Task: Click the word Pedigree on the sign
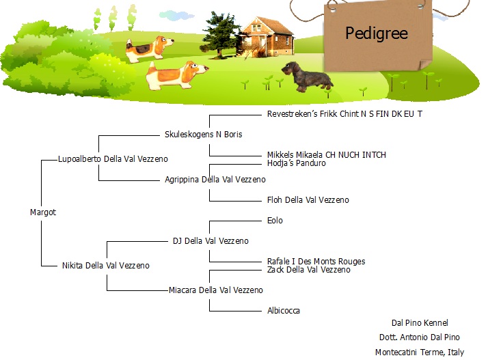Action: [x=377, y=33]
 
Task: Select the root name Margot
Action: [x=43, y=212]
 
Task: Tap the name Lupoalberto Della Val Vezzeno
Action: [x=113, y=159]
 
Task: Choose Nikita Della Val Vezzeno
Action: [x=106, y=266]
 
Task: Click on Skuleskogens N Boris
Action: [x=204, y=135]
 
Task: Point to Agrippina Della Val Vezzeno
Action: [x=215, y=180]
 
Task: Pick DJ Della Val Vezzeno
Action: [x=211, y=241]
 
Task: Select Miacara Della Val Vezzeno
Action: [x=216, y=290]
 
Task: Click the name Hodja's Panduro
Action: [x=297, y=163]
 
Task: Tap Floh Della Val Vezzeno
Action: [x=308, y=199]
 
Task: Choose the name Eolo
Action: [x=275, y=220]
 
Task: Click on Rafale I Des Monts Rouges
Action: [x=316, y=262]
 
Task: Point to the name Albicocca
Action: [x=284, y=311]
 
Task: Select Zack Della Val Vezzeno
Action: [x=309, y=269]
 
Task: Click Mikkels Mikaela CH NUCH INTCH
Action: [x=327, y=154]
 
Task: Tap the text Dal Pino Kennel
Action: [x=420, y=323]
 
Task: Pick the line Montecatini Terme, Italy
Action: [x=420, y=352]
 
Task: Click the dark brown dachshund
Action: [x=307, y=77]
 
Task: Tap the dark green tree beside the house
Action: [x=220, y=34]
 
